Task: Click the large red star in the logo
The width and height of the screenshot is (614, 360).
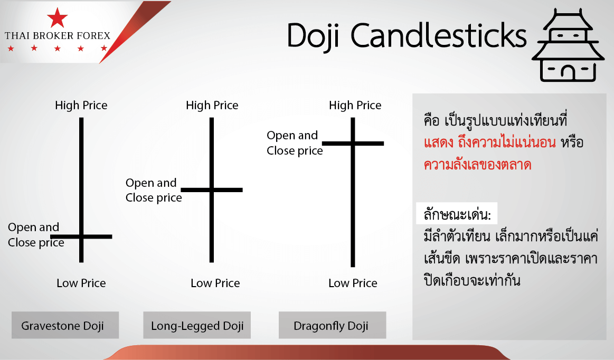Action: click(x=57, y=17)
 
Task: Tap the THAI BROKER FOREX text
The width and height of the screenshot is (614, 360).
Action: click(x=58, y=36)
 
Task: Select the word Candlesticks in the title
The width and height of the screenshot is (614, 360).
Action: click(x=438, y=36)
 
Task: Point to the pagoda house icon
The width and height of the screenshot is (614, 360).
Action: click(x=568, y=45)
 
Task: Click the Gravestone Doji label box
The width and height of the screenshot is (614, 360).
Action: click(x=65, y=325)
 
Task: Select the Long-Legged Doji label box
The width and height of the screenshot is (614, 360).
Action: click(x=197, y=325)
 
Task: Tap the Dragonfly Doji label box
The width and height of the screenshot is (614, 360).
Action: click(x=332, y=325)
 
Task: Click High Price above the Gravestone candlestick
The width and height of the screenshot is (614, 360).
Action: click(x=81, y=106)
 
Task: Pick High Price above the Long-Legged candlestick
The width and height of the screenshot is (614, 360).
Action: click(x=212, y=106)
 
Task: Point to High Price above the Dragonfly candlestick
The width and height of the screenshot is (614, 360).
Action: click(x=355, y=106)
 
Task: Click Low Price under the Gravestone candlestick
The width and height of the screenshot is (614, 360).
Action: click(x=81, y=283)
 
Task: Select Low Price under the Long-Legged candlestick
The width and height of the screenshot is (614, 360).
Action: click(x=215, y=283)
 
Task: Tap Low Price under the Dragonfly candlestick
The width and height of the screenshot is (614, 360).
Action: click(x=353, y=283)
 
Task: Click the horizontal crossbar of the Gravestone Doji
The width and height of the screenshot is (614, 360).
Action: click(x=81, y=236)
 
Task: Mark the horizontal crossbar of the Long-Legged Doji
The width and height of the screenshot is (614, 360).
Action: click(x=212, y=190)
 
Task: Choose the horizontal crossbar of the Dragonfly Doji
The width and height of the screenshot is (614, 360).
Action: click(x=353, y=144)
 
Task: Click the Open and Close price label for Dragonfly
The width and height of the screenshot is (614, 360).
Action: click(x=295, y=143)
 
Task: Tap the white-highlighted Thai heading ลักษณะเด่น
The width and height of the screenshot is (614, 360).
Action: click(x=457, y=214)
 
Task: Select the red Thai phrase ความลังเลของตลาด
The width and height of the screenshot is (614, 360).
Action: click(x=477, y=165)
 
